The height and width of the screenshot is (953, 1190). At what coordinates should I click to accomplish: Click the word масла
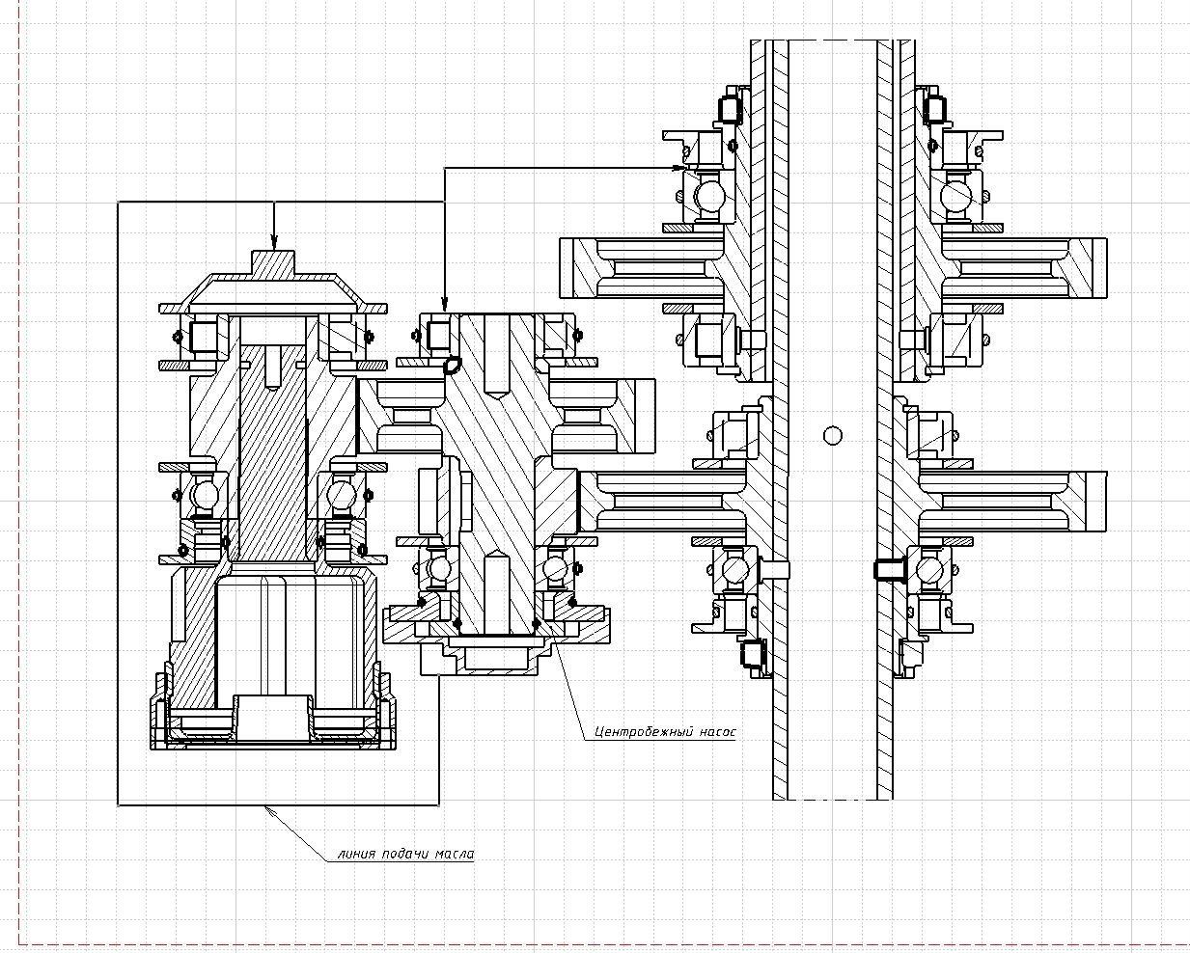pyautogui.click(x=454, y=854)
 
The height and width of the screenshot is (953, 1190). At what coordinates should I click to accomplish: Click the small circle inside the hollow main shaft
pyautogui.click(x=833, y=436)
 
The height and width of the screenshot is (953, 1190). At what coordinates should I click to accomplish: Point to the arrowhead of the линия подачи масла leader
pyautogui.click(x=270, y=810)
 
